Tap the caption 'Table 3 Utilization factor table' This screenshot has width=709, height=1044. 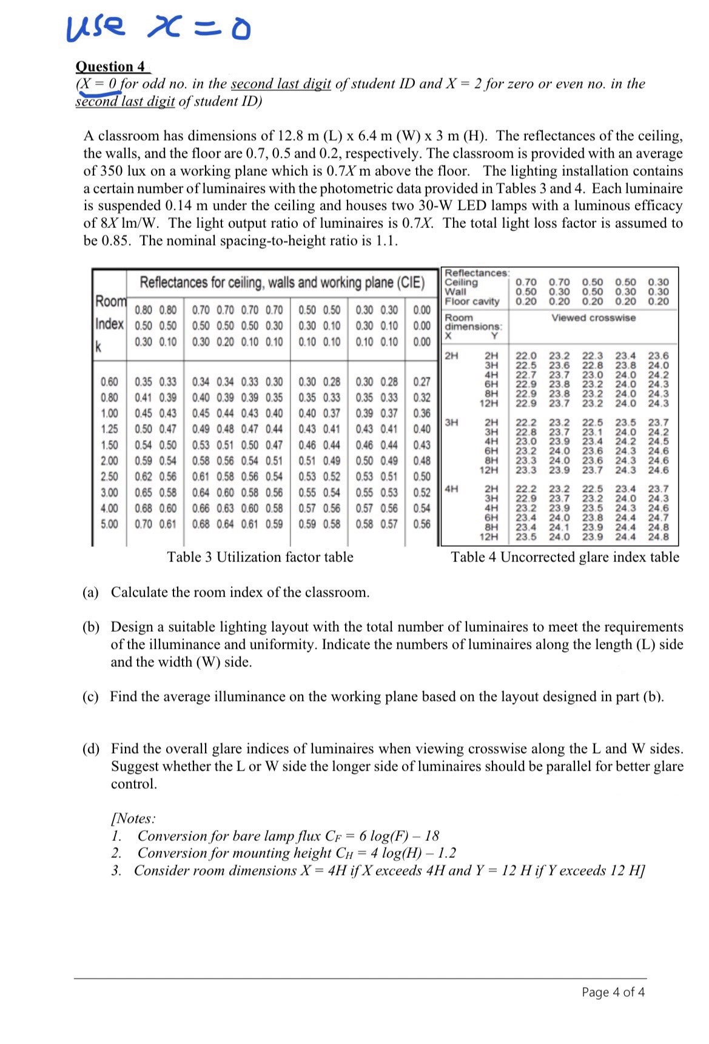pyautogui.click(x=260, y=557)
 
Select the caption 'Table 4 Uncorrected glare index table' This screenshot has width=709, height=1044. pyautogui.click(x=565, y=557)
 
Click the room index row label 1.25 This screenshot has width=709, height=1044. pyautogui.click(x=109, y=429)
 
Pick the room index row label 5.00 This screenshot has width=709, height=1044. pyautogui.click(x=109, y=523)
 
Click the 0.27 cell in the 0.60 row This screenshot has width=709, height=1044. pyautogui.click(x=422, y=382)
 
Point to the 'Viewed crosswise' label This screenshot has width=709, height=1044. pyautogui.click(x=593, y=318)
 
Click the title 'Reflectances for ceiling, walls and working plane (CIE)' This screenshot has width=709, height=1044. pyautogui.click(x=282, y=283)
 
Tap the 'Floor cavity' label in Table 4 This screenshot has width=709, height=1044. pyautogui.click(x=472, y=301)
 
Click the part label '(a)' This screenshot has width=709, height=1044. pyautogui.click(x=90, y=592)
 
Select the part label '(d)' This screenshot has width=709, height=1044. pyautogui.click(x=90, y=749)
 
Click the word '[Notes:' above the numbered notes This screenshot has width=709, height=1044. pyautogui.click(x=133, y=818)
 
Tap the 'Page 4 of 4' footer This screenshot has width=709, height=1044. pyautogui.click(x=613, y=992)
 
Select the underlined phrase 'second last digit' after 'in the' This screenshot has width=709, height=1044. pyautogui.click(x=281, y=84)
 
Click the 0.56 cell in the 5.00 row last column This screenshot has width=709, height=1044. pyautogui.click(x=422, y=523)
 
